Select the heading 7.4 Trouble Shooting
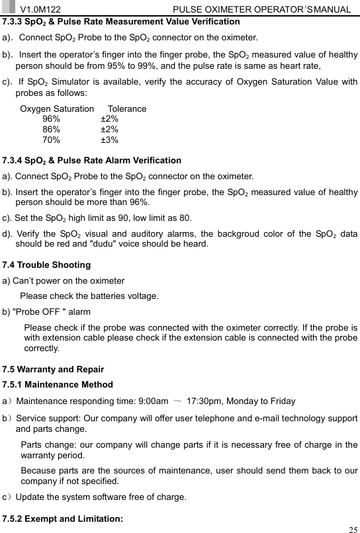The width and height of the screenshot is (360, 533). click(47, 265)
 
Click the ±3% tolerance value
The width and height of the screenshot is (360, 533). click(109, 140)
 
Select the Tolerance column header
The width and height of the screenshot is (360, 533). click(127, 108)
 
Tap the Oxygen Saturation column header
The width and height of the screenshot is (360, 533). click(57, 108)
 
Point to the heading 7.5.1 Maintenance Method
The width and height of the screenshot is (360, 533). click(58, 384)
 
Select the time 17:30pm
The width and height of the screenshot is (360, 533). click(207, 401)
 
